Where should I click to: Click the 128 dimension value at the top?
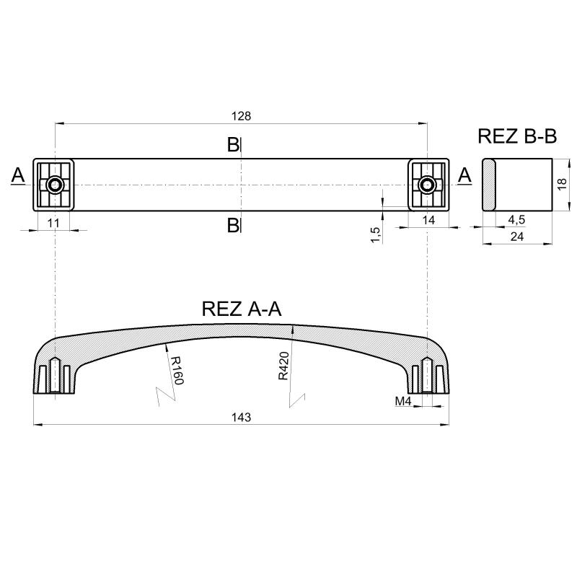point(241,116)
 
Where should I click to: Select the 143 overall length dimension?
point(242,418)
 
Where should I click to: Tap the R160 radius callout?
point(176,370)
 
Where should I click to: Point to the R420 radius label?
point(283,366)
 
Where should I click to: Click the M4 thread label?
point(403,401)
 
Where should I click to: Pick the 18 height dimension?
point(562,184)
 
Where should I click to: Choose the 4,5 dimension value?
point(516,220)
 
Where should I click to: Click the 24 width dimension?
point(516,237)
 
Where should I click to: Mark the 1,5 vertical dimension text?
point(375,235)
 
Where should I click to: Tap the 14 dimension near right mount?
point(428,220)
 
